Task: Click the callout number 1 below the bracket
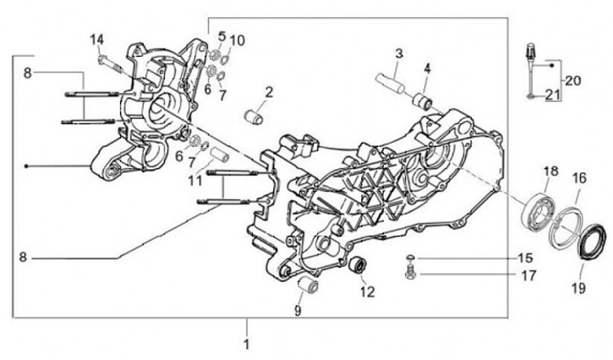click(x=247, y=346)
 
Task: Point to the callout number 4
click(x=427, y=67)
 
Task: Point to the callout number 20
click(x=572, y=81)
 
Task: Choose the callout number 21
click(x=552, y=96)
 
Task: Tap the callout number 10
click(x=237, y=39)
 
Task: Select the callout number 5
click(x=221, y=37)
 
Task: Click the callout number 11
click(x=197, y=181)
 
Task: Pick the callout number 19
click(x=578, y=289)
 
